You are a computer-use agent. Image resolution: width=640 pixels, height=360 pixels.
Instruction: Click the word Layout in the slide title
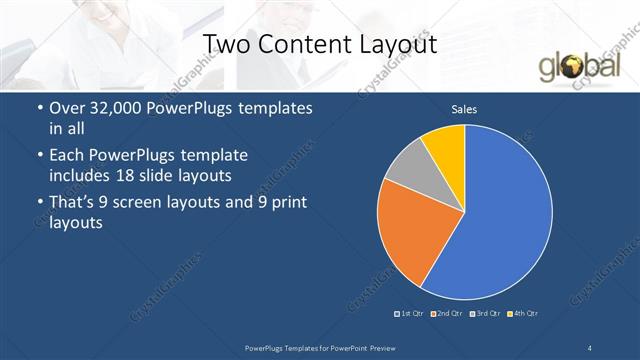pyautogui.click(x=391, y=44)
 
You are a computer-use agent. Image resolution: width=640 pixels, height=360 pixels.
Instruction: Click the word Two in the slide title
pyautogui.click(x=227, y=44)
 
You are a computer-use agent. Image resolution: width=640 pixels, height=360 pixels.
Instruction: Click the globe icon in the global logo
pyautogui.click(x=575, y=68)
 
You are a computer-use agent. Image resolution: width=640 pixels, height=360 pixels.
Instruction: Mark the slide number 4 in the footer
pyautogui.click(x=590, y=346)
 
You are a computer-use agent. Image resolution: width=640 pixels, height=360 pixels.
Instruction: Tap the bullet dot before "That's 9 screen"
pyautogui.click(x=38, y=203)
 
